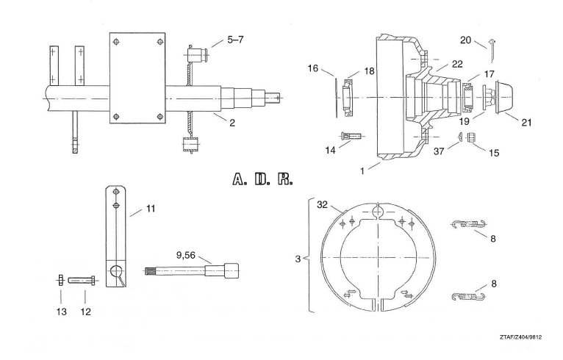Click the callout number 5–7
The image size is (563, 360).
click(x=235, y=39)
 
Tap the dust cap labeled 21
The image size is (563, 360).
click(x=504, y=97)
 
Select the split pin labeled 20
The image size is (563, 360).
click(x=492, y=51)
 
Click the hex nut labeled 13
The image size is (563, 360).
click(x=61, y=280)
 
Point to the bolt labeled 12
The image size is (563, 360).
click(x=82, y=281)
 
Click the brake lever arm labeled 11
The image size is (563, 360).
click(x=115, y=236)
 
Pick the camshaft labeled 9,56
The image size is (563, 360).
click(x=192, y=270)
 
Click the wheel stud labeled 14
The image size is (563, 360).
click(x=351, y=136)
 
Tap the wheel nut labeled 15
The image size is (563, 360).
click(x=471, y=137)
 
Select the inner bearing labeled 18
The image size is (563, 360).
click(x=348, y=98)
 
